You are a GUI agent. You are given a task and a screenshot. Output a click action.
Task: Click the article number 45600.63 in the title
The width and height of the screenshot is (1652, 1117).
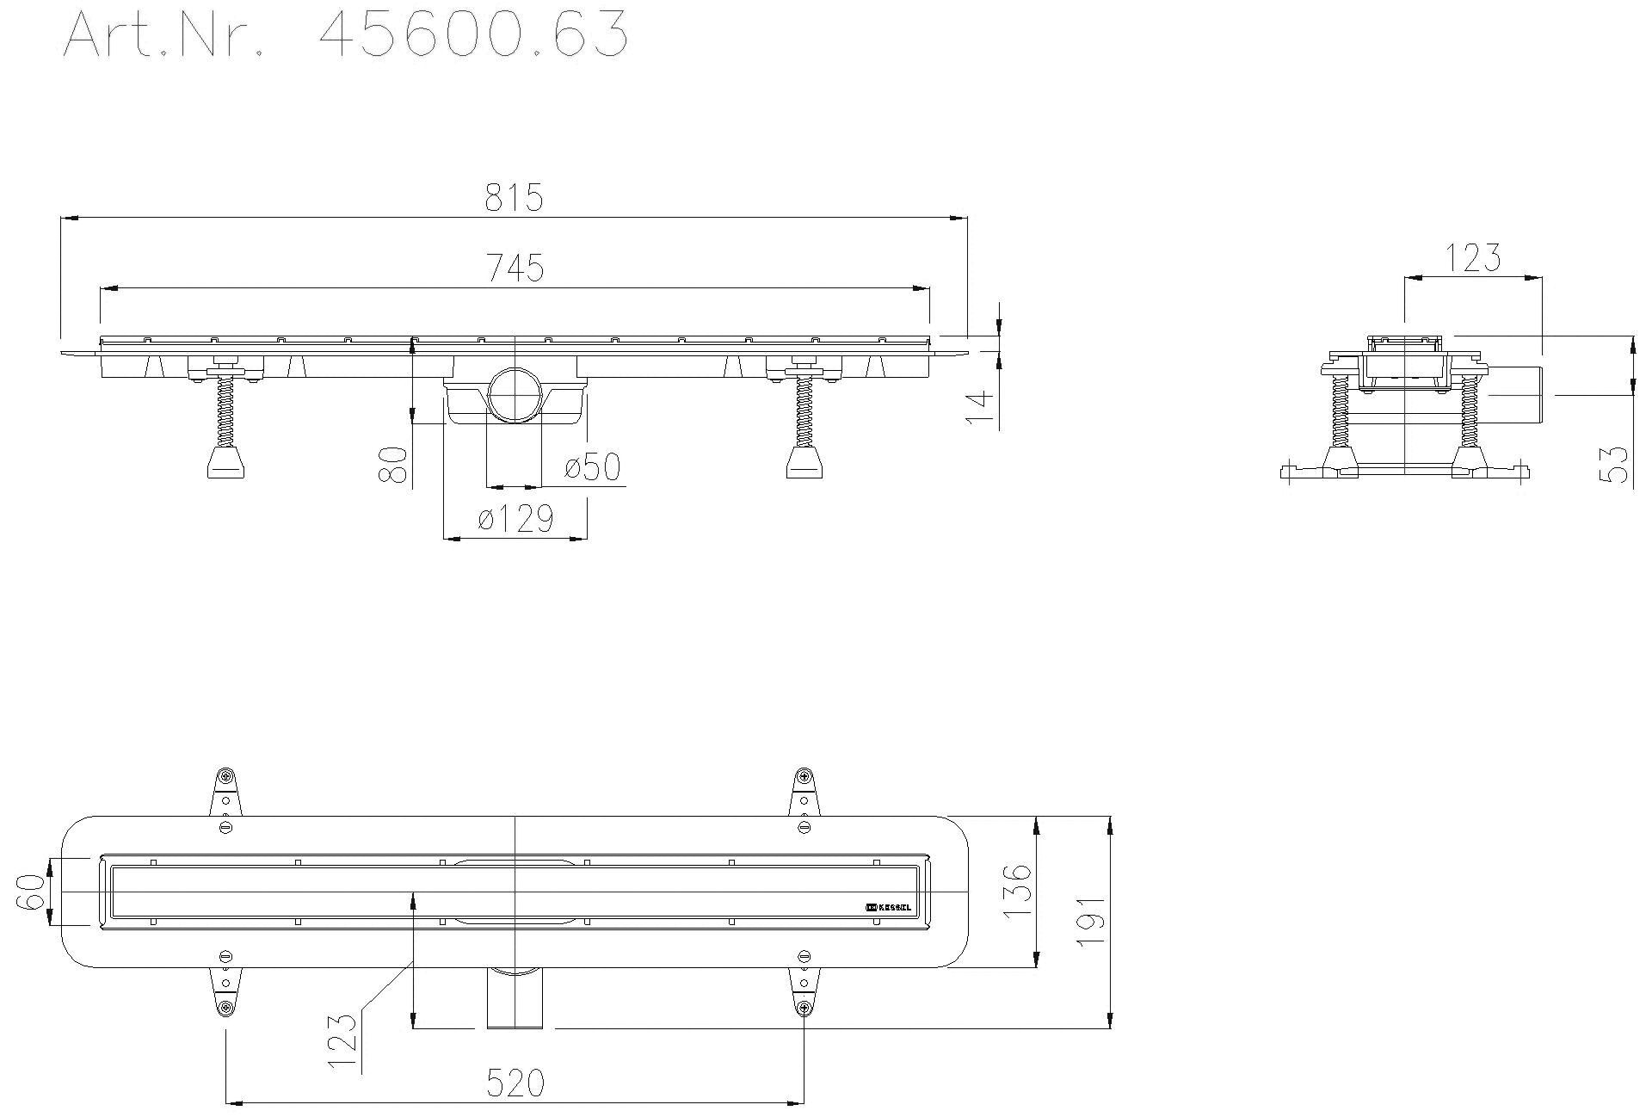[472, 36]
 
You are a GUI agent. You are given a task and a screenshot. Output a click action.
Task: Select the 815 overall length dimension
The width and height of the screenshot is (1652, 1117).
[514, 198]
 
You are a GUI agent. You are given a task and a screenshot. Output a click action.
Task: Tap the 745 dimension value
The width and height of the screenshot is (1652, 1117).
[515, 268]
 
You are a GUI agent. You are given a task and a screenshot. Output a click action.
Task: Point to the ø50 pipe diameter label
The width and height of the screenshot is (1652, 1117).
[592, 467]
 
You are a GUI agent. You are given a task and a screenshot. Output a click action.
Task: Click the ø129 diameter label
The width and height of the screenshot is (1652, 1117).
[515, 519]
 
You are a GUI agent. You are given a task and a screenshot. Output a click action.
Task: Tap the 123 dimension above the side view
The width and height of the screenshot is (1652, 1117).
[1472, 257]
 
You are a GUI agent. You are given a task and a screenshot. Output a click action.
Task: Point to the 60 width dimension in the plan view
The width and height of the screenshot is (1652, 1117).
[30, 892]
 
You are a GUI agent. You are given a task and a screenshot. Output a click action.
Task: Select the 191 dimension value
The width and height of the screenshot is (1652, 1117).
[1091, 921]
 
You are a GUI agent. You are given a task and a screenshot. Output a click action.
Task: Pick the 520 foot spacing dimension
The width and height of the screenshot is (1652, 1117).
[515, 1083]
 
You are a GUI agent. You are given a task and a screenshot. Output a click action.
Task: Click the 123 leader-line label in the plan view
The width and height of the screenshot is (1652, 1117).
[342, 1040]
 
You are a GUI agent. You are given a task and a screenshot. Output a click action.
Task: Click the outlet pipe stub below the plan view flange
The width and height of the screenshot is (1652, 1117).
[515, 998]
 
